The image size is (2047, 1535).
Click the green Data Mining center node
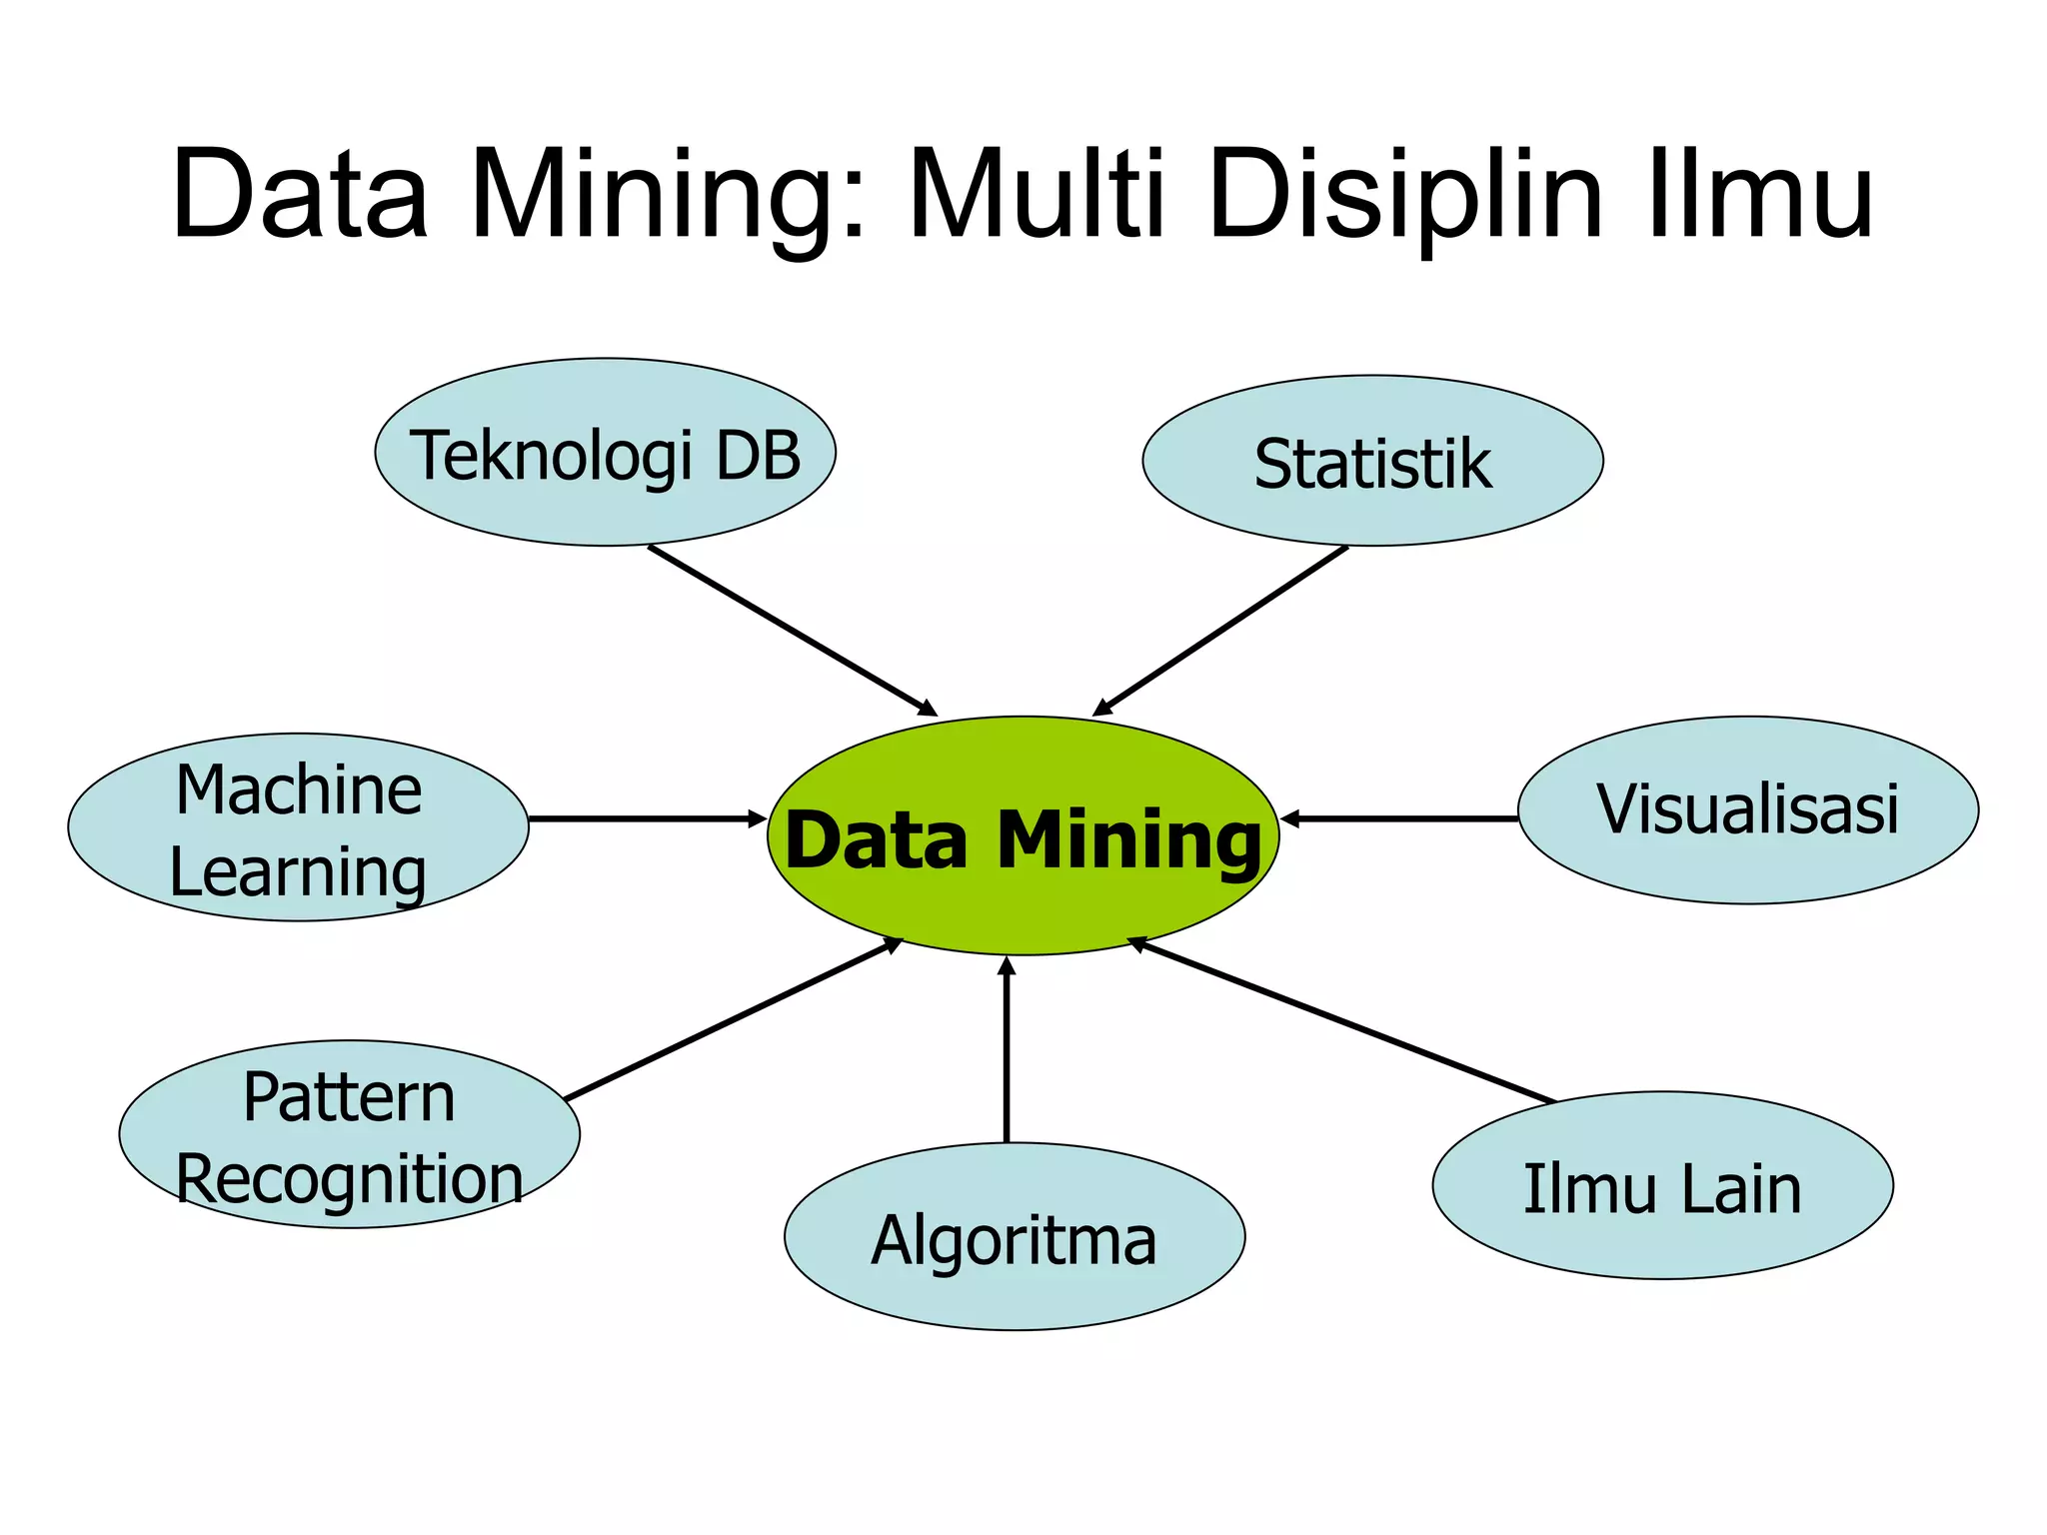1023,835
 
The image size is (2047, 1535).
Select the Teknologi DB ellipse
605,453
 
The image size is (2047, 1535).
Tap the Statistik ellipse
1372,462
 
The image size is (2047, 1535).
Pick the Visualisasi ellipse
1747,809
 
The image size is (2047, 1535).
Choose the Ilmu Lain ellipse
1662,1186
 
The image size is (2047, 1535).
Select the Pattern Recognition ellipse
349,1134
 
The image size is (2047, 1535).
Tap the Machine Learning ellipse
298,827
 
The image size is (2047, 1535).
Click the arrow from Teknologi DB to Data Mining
792,631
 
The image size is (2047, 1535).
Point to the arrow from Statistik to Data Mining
1221,631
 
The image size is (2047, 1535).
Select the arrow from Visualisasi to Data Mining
1399,818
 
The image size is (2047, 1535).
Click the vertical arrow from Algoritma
1007,1049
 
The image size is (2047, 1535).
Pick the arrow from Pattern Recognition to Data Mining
733,1019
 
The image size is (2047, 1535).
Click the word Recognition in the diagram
349,1179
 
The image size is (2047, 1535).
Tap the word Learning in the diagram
298,872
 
